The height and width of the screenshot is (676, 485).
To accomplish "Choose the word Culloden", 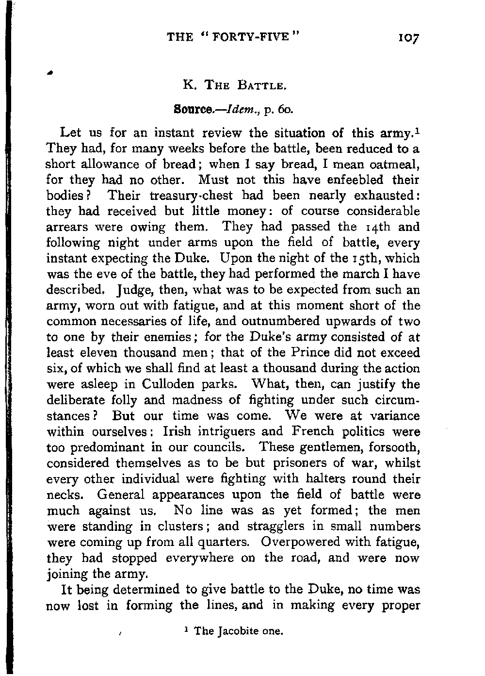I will coord(169,384).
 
